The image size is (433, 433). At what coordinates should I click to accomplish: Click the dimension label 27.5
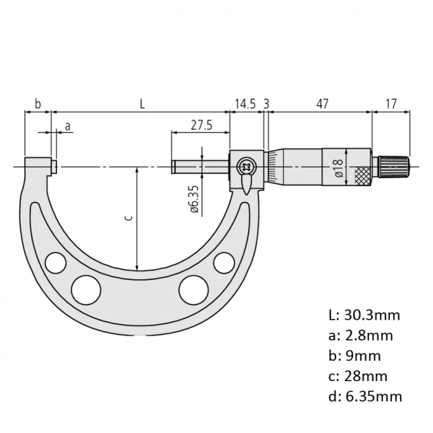coord(201,125)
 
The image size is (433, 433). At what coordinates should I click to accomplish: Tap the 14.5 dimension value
coord(245,104)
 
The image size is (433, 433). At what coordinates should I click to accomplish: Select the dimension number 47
coord(323,104)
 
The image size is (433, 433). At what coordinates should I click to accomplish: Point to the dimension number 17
coord(390,104)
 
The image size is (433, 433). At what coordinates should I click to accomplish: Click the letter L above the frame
coord(142,104)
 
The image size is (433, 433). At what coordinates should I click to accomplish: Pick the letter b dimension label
coord(38,104)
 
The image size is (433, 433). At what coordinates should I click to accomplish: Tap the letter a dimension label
coord(68,126)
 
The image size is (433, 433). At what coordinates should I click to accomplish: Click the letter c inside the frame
coord(128,218)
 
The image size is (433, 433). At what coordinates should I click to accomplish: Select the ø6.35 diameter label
coord(194,199)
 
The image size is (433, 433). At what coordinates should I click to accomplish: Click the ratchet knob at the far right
coord(393,167)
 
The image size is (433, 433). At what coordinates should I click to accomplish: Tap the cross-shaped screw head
coord(245,167)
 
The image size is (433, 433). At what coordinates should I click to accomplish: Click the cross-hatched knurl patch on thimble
coord(362,176)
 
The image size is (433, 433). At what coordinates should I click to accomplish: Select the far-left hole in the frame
coord(56,263)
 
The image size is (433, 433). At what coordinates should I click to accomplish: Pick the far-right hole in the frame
coord(224,263)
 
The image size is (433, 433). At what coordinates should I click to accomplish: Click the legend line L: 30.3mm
coord(364,315)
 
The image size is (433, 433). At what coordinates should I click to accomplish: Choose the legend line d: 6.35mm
coord(365,396)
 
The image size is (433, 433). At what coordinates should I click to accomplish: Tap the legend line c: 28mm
coord(358,376)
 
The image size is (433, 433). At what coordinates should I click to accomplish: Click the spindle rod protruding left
coord(200,167)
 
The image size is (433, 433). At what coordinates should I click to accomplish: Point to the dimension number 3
coord(266,104)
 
